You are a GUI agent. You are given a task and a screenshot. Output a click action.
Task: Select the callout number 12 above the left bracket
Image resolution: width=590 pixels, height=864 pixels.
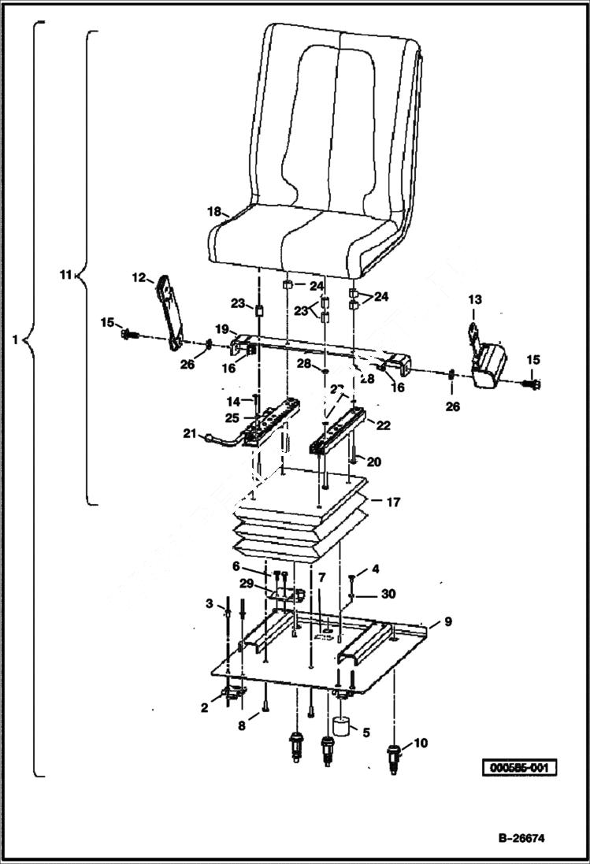pyautogui.click(x=139, y=277)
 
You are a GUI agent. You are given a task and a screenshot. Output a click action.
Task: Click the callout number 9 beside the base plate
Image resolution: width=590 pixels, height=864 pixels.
pyautogui.click(x=447, y=622)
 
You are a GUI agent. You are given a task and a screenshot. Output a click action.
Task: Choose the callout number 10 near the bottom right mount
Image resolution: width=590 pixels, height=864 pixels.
pyautogui.click(x=421, y=742)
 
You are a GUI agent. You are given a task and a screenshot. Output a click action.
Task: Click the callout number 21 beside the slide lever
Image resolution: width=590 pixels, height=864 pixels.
pyautogui.click(x=189, y=432)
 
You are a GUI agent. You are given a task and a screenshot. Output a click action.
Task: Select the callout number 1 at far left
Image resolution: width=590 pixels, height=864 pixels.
pyautogui.click(x=15, y=341)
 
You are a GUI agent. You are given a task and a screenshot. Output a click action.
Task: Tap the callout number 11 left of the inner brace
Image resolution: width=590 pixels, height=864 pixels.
pyautogui.click(x=65, y=275)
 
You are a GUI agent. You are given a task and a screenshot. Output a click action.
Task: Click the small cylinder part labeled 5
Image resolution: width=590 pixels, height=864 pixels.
pyautogui.click(x=341, y=725)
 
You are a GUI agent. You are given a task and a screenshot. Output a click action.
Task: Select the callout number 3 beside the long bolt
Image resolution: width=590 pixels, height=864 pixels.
pyautogui.click(x=210, y=603)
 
